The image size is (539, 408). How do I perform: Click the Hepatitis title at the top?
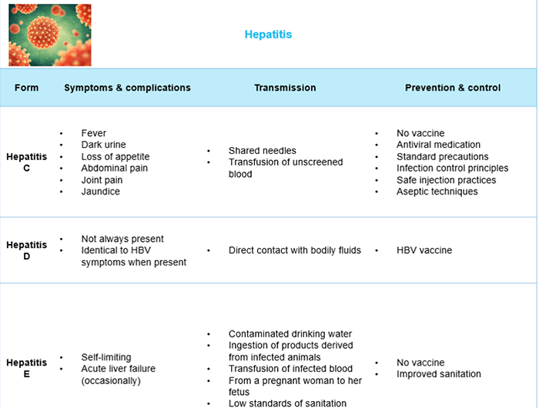tap(268, 35)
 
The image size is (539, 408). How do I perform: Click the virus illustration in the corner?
tap(49, 35)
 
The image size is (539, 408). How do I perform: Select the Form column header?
tap(26, 88)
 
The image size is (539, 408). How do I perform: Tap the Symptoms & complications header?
tap(127, 88)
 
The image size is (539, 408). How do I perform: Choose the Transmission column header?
tap(285, 88)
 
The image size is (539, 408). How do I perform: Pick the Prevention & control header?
tap(453, 88)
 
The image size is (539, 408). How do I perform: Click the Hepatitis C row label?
tap(26, 162)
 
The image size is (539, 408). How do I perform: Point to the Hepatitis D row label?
tap(26, 250)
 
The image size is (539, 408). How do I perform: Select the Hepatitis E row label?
tap(26, 368)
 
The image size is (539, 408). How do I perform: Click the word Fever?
tap(94, 133)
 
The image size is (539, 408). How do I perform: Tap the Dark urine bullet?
tap(103, 145)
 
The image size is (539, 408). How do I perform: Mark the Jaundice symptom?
tap(100, 192)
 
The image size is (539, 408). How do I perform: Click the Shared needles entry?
tap(262, 151)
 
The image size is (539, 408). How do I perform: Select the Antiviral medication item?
tap(438, 145)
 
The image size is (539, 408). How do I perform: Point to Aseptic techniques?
tap(437, 192)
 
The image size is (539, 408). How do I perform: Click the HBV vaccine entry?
tap(424, 250)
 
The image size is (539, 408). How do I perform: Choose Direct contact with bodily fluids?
tap(294, 250)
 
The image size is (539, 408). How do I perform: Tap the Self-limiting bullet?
tap(106, 357)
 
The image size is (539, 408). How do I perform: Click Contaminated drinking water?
tap(290, 334)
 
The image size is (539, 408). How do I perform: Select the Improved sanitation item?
tap(438, 374)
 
